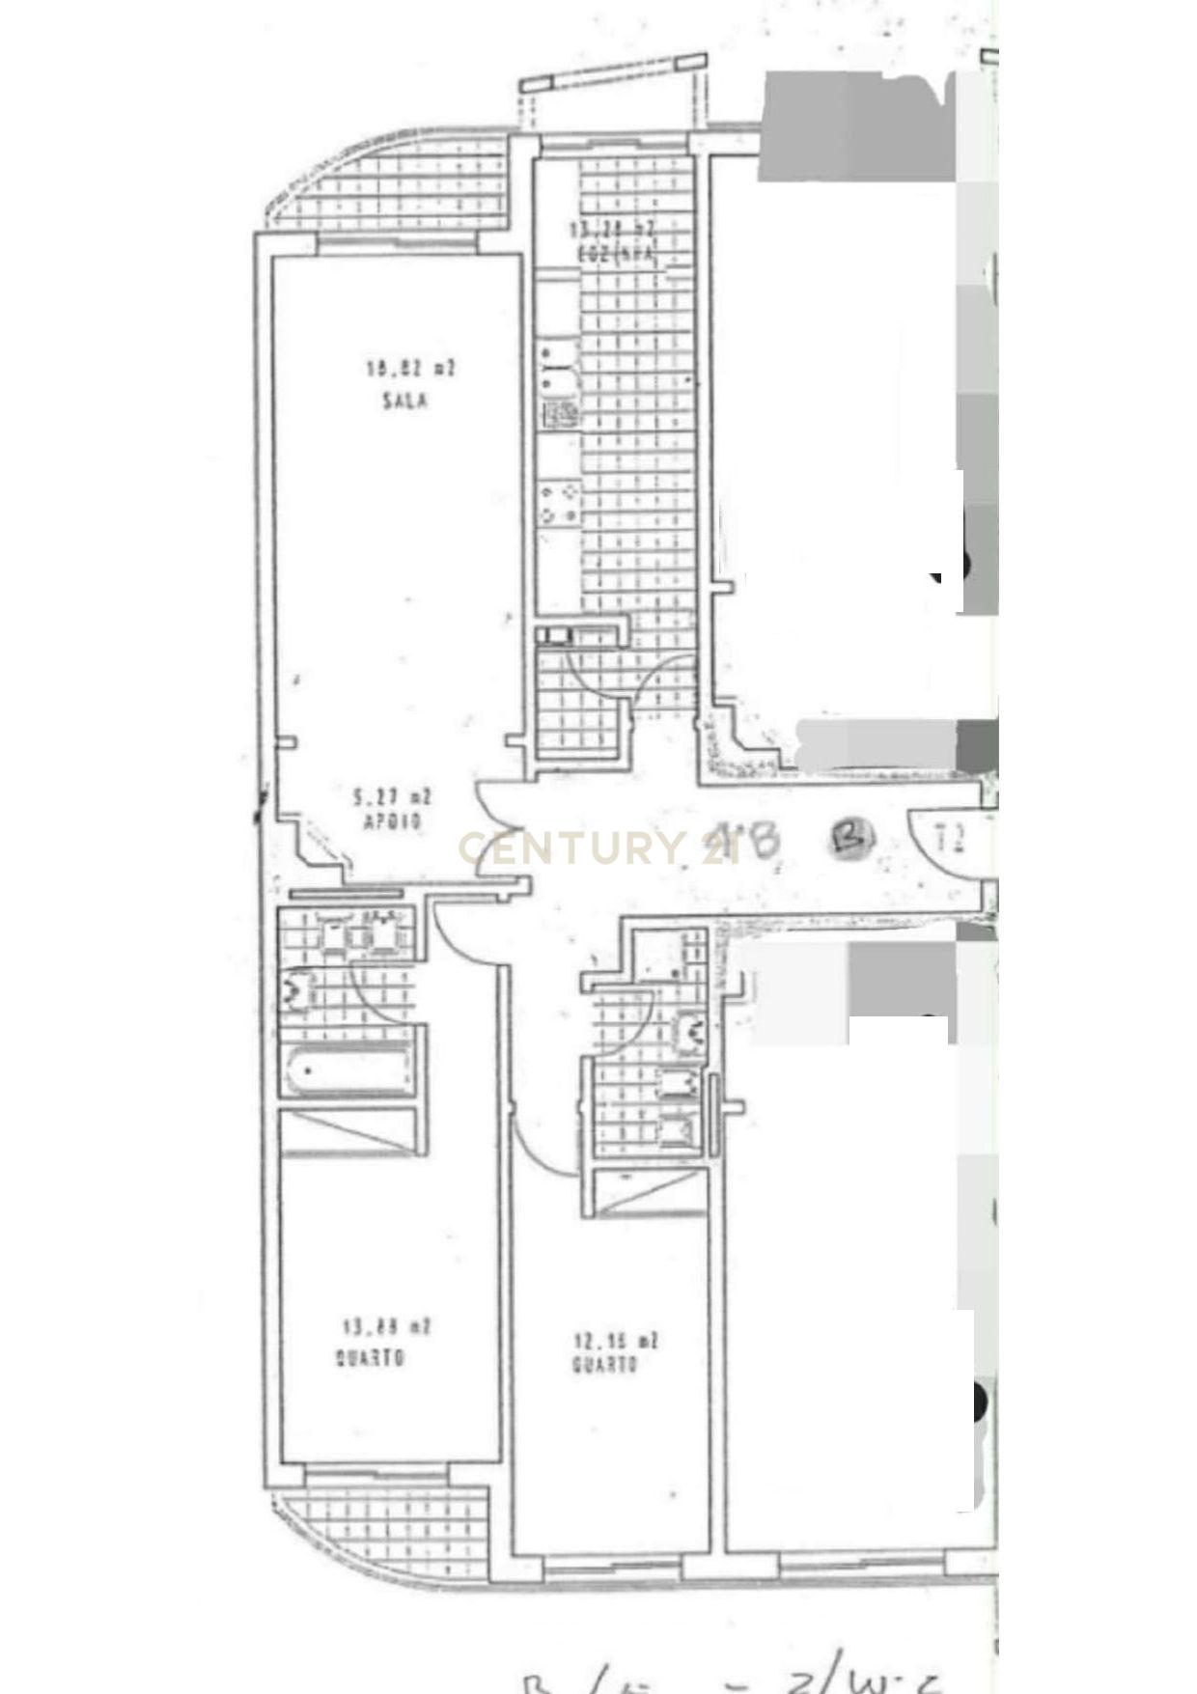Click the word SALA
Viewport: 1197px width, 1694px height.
coord(404,401)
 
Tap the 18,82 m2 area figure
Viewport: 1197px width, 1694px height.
coord(409,368)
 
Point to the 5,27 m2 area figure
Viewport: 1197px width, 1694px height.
coord(392,797)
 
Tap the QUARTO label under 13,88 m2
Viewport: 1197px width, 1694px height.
coord(370,1358)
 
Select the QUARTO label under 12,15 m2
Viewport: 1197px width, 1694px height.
coord(605,1366)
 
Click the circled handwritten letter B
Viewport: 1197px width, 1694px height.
coord(851,837)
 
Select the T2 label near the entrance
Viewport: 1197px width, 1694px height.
coord(951,837)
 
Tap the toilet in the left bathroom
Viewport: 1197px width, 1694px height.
coord(298,988)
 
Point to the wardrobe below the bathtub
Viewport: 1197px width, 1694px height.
coord(348,1131)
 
